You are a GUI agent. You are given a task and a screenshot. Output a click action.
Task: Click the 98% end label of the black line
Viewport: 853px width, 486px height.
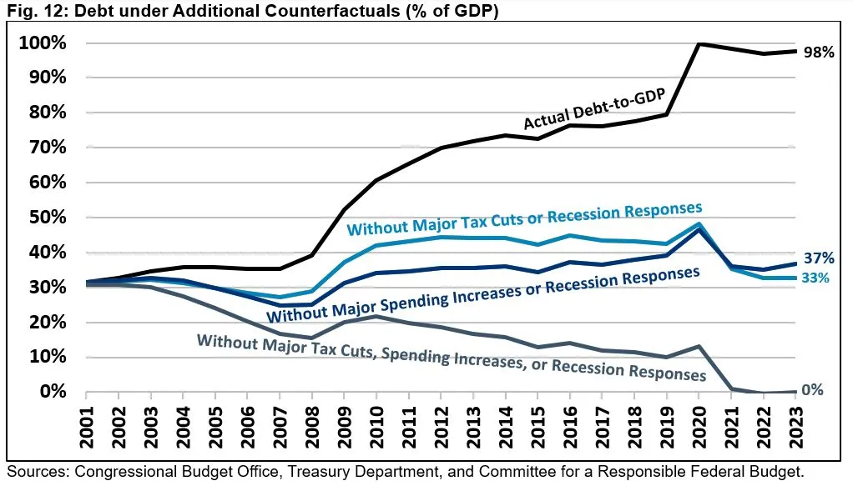point(818,53)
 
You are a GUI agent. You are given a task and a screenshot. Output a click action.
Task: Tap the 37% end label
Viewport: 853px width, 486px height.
point(819,258)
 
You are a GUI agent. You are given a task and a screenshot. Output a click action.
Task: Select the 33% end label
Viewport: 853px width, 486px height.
point(816,278)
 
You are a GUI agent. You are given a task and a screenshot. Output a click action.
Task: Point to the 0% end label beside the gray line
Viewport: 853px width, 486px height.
point(813,389)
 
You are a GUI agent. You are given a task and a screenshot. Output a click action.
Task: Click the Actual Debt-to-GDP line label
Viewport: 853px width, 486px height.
point(593,110)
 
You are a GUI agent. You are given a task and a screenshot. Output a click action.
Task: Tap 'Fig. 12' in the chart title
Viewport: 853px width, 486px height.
point(28,11)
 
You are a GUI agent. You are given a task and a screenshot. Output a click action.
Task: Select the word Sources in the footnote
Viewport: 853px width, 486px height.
point(36,471)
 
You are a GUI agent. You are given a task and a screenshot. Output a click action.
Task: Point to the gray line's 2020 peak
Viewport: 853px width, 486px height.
point(699,346)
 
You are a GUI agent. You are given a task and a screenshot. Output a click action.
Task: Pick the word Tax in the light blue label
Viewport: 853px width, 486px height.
point(486,220)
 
